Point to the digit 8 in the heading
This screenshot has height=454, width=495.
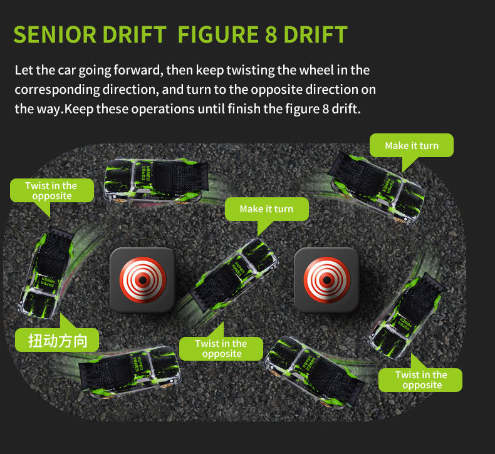(x=271, y=34)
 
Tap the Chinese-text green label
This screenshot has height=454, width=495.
(x=56, y=340)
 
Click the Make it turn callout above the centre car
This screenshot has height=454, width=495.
(x=266, y=209)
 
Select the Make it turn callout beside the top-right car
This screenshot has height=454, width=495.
(x=411, y=145)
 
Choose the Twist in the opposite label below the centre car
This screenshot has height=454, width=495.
(x=221, y=349)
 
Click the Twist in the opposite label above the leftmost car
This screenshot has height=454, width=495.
(x=51, y=190)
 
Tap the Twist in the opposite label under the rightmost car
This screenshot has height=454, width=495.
(x=420, y=379)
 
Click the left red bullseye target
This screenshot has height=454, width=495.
(x=142, y=280)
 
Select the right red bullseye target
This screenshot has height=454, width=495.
(x=326, y=280)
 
